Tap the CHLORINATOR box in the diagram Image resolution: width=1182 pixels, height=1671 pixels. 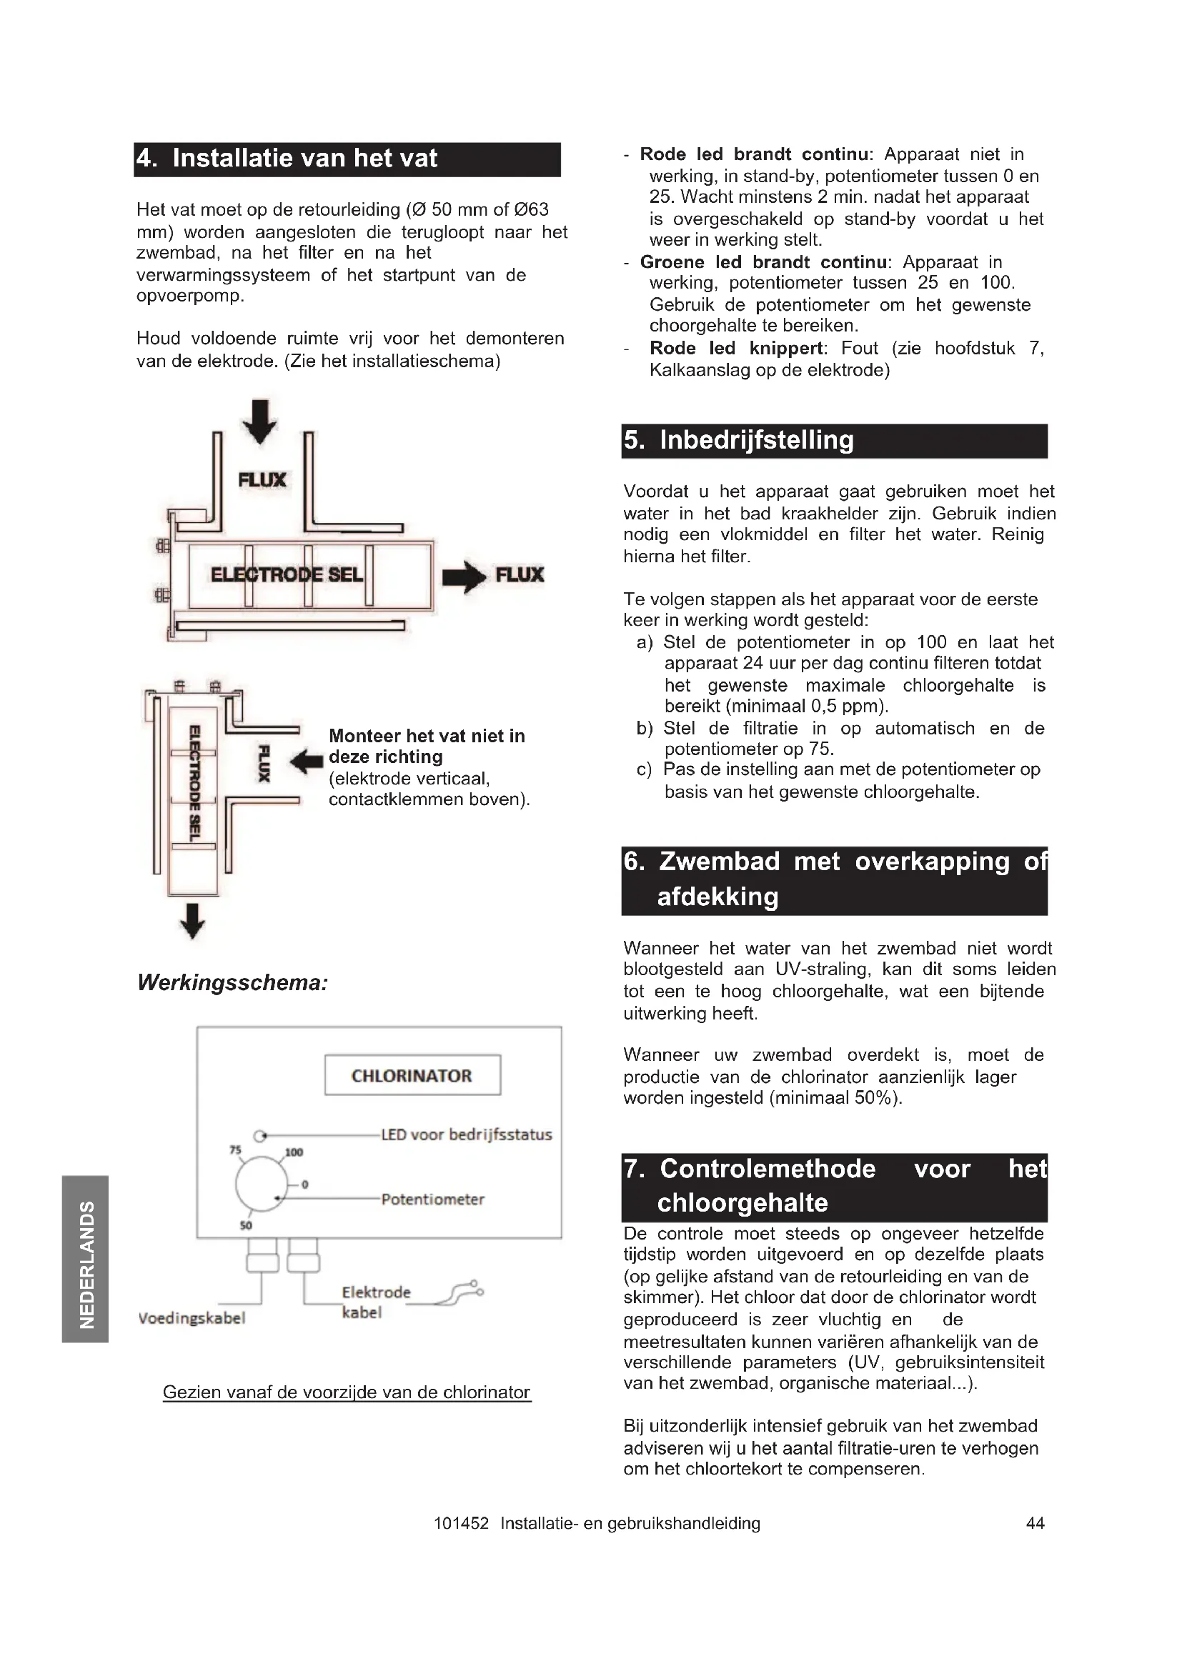point(412,1075)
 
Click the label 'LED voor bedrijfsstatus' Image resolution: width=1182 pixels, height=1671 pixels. point(467,1134)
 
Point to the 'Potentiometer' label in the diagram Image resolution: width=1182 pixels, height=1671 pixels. point(432,1199)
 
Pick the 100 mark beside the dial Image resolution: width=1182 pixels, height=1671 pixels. point(294,1152)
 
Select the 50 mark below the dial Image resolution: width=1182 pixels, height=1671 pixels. point(246,1226)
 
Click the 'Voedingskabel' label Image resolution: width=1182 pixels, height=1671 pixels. point(192,1318)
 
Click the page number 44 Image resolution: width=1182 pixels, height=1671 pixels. point(1035,1523)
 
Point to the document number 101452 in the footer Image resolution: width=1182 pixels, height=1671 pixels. point(461,1523)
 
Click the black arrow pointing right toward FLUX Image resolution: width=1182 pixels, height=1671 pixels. point(464,577)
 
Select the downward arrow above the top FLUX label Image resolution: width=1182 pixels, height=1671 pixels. point(260,421)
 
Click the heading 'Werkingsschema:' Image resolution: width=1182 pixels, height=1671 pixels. point(233,983)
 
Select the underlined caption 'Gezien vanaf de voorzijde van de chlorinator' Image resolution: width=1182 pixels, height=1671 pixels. point(347,1392)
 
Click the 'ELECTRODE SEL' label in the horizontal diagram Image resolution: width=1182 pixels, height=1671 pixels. point(287,575)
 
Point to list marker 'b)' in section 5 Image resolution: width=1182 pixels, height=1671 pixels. point(645,729)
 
